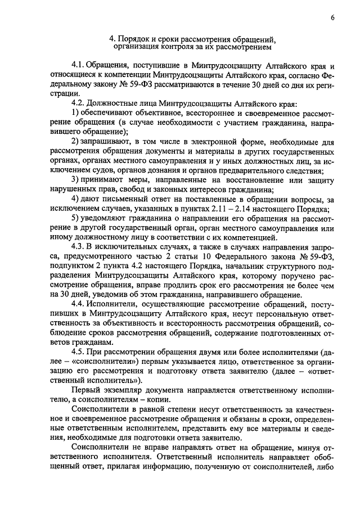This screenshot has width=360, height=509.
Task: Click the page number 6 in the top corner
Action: click(332, 18)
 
